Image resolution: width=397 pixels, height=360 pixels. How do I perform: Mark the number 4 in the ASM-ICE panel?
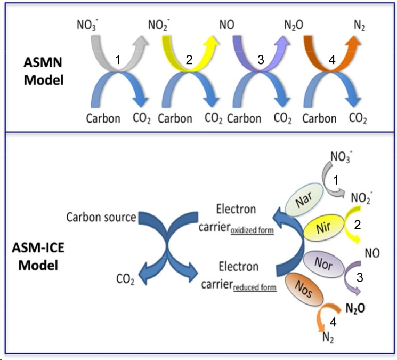click(333, 322)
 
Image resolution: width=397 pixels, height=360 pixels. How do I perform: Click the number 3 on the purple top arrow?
click(261, 61)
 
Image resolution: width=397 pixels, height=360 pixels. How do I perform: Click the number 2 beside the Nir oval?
click(358, 225)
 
